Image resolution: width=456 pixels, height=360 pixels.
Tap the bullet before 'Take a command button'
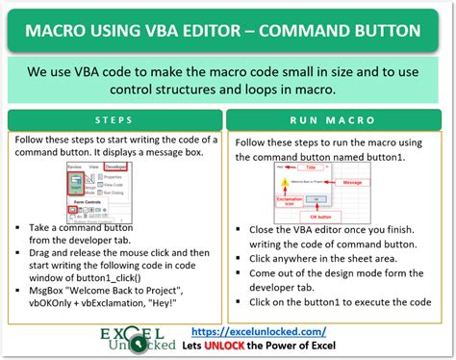20,229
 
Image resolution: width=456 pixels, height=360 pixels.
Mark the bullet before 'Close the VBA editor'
240,229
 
